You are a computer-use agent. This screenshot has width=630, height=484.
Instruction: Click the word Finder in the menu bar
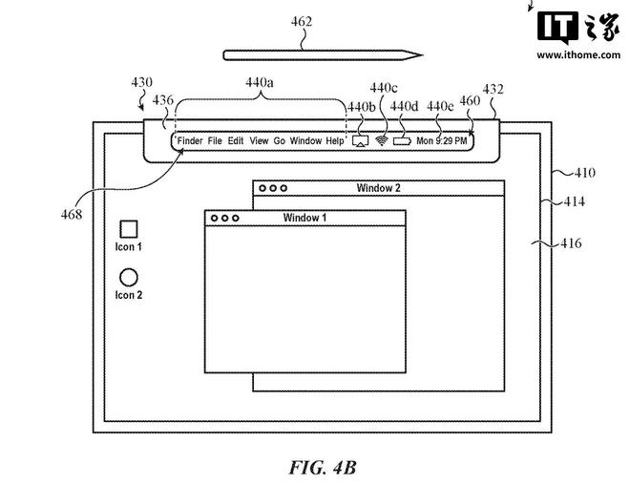pos(190,141)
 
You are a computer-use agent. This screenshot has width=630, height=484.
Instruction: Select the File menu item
pos(215,141)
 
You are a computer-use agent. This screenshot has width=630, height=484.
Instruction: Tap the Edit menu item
pos(236,141)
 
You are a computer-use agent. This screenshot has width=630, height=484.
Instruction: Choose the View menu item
pos(259,141)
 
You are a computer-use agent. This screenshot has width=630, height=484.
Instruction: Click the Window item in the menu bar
pos(305,141)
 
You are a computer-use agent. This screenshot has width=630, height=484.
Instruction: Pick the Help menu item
pos(335,141)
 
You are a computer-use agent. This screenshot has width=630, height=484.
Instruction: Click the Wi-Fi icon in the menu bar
pos(381,140)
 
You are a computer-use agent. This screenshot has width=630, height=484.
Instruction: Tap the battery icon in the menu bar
pos(402,141)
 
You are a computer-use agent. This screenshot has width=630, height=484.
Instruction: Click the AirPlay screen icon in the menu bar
pos(361,141)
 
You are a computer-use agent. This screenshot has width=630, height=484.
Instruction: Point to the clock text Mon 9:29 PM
pos(442,141)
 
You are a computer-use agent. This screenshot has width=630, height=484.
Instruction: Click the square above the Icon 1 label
pos(129,229)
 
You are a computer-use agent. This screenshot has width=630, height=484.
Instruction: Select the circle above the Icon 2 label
pos(129,277)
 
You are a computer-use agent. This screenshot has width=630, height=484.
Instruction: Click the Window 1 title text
pos(304,218)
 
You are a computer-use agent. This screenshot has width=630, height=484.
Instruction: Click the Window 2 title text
pos(379,188)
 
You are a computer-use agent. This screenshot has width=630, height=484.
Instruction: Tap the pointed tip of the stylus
pos(422,55)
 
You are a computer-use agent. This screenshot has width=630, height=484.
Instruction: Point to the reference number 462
pos(302,21)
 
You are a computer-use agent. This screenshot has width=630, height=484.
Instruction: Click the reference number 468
pos(72,215)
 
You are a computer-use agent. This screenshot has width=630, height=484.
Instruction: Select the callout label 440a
pos(260,82)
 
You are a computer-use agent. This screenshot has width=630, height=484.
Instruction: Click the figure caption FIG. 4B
pos(323,468)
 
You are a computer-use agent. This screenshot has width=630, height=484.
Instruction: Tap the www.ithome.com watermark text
pos(578,54)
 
